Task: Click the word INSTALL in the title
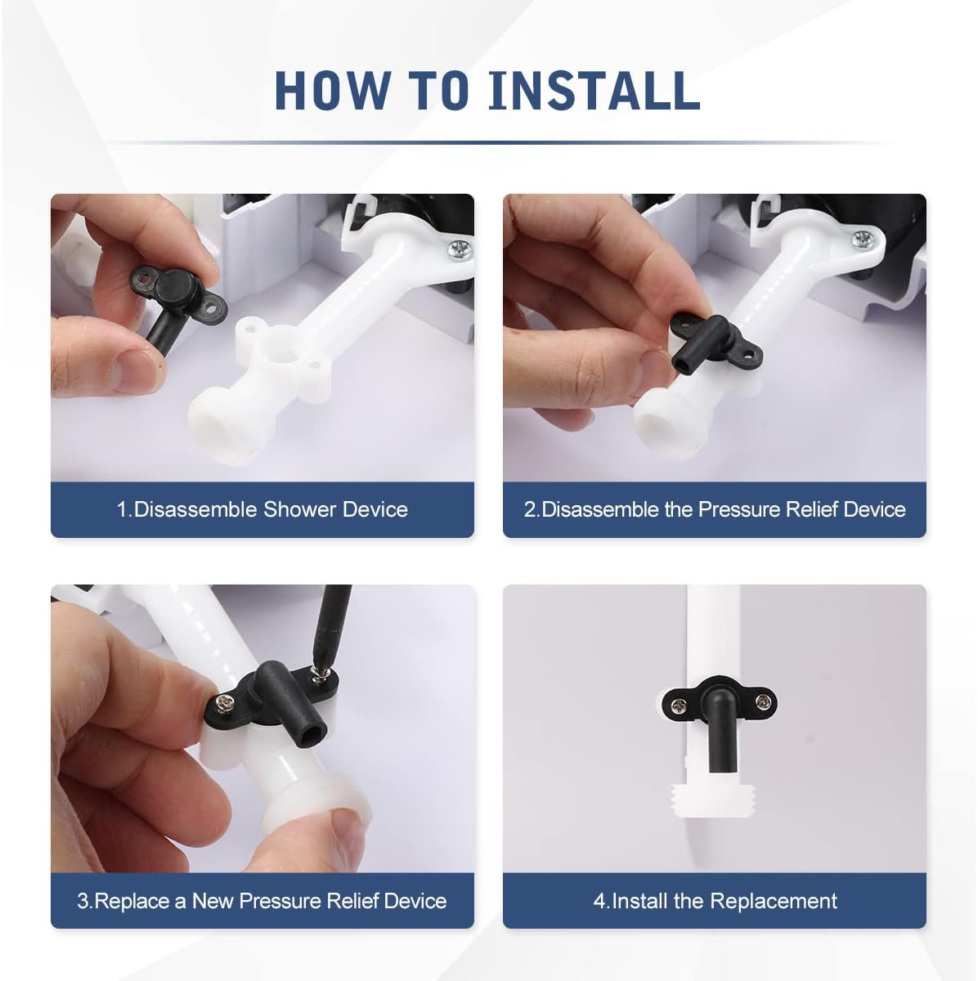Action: coord(594,91)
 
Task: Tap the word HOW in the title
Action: coord(333,91)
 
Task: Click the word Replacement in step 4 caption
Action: coord(774,901)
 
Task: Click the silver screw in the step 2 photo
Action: coord(863,239)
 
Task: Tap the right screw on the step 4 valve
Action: coord(761,702)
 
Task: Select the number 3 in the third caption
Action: coord(83,901)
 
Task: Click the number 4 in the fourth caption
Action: coord(599,901)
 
